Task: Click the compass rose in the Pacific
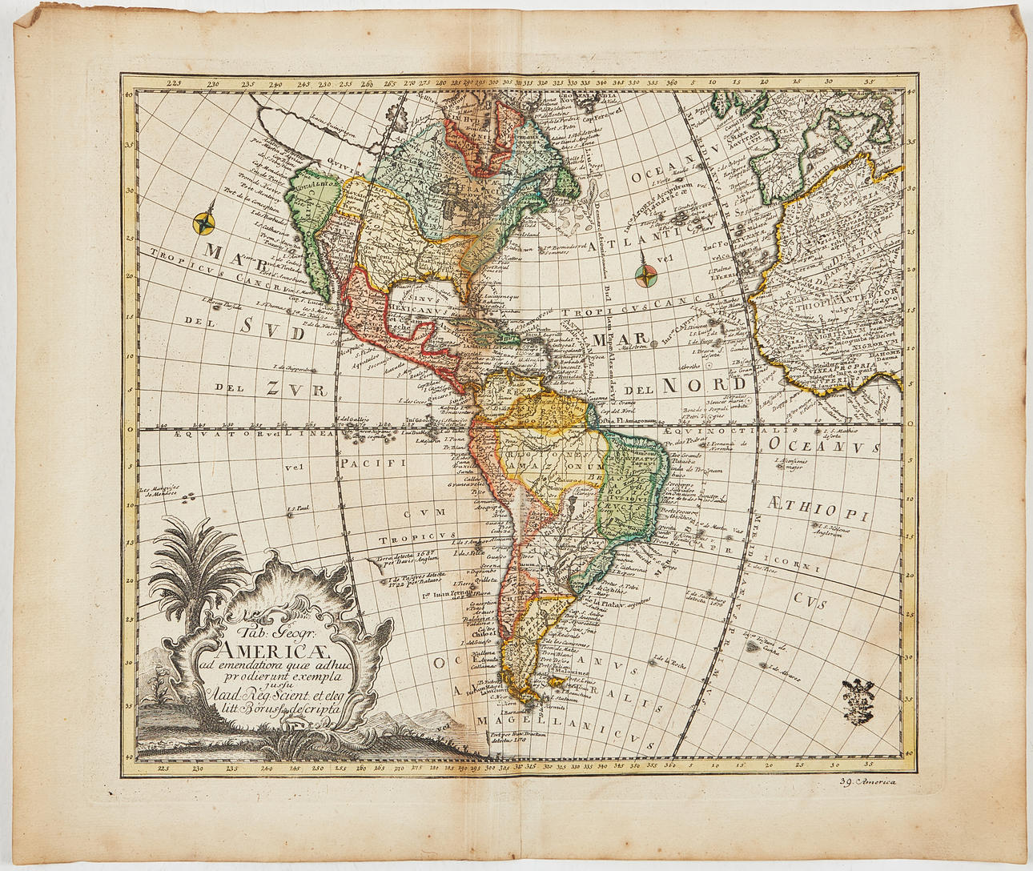click(207, 222)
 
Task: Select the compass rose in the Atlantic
click(645, 275)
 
